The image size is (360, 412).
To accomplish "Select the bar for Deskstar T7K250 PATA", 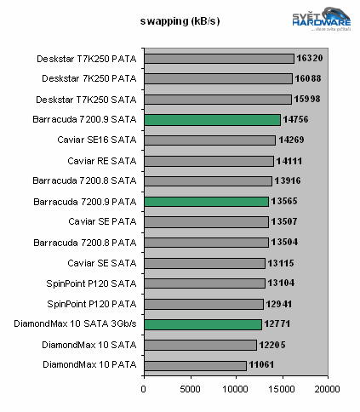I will [x=219, y=59].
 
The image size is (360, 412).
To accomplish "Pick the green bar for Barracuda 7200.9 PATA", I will [x=206, y=202].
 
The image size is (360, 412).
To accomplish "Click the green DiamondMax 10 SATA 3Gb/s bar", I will [x=203, y=324].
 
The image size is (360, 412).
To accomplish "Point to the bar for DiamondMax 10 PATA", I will [x=195, y=365].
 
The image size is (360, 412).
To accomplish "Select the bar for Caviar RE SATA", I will [x=209, y=161].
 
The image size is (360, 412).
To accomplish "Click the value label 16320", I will [x=310, y=59].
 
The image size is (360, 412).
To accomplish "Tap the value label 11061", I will [x=262, y=365].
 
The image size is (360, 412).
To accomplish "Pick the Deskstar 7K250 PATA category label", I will [x=89, y=79].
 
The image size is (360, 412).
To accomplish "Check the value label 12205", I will [x=272, y=345].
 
